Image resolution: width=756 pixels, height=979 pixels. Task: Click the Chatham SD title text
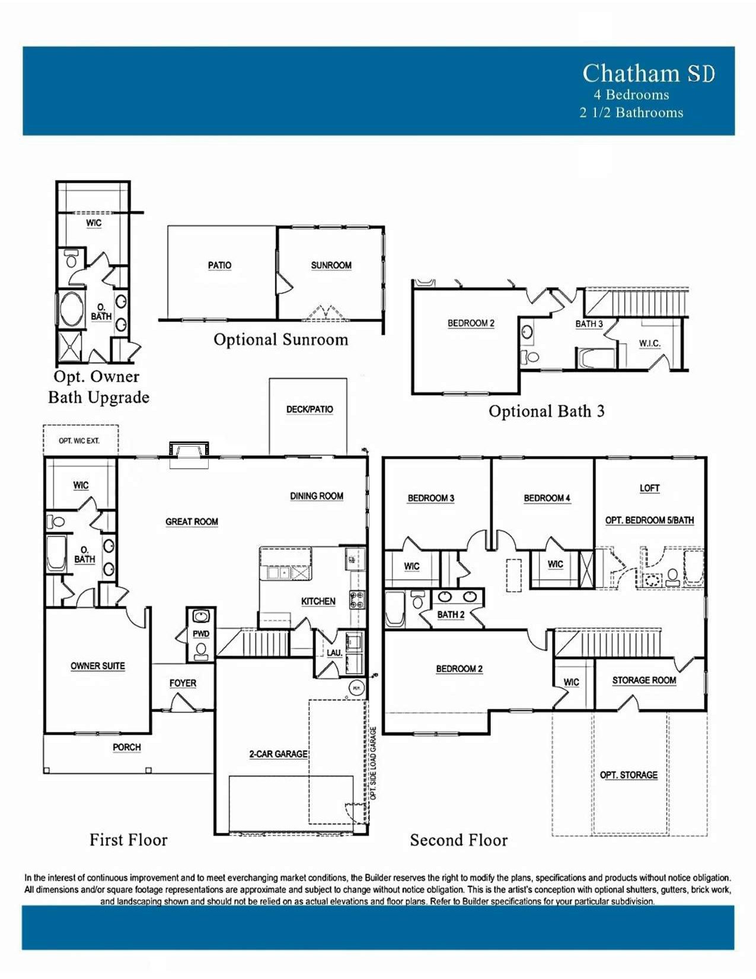click(x=648, y=74)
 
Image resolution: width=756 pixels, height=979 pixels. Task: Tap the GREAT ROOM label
click(x=192, y=522)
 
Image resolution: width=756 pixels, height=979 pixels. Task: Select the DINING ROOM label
click(x=317, y=496)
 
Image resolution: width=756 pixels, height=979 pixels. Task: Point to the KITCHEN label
click(x=318, y=601)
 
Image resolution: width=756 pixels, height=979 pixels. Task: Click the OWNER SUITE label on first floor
click(x=98, y=666)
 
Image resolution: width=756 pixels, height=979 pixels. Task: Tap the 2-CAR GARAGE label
click(x=278, y=754)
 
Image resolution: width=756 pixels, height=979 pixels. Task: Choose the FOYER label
click(x=183, y=683)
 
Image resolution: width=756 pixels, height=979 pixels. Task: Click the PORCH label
click(x=127, y=747)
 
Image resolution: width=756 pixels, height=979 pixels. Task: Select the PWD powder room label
click(x=201, y=634)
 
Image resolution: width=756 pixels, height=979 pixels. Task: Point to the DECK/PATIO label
click(x=310, y=409)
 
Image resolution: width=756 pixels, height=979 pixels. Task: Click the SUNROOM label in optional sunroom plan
click(x=331, y=265)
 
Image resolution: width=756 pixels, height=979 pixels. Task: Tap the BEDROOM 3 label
click(x=431, y=498)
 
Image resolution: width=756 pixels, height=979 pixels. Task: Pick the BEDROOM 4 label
click(x=547, y=498)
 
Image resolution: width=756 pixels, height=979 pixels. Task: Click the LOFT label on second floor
click(x=650, y=488)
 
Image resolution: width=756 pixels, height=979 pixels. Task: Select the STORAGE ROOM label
click(x=644, y=680)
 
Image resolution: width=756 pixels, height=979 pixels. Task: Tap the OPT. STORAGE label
click(x=629, y=775)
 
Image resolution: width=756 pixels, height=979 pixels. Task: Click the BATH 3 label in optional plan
click(x=589, y=324)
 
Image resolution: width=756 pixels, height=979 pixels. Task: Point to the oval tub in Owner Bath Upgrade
click(x=72, y=309)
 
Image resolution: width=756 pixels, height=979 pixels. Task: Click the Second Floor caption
click(x=458, y=840)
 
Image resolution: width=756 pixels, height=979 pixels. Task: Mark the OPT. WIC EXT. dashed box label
click(x=79, y=441)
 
